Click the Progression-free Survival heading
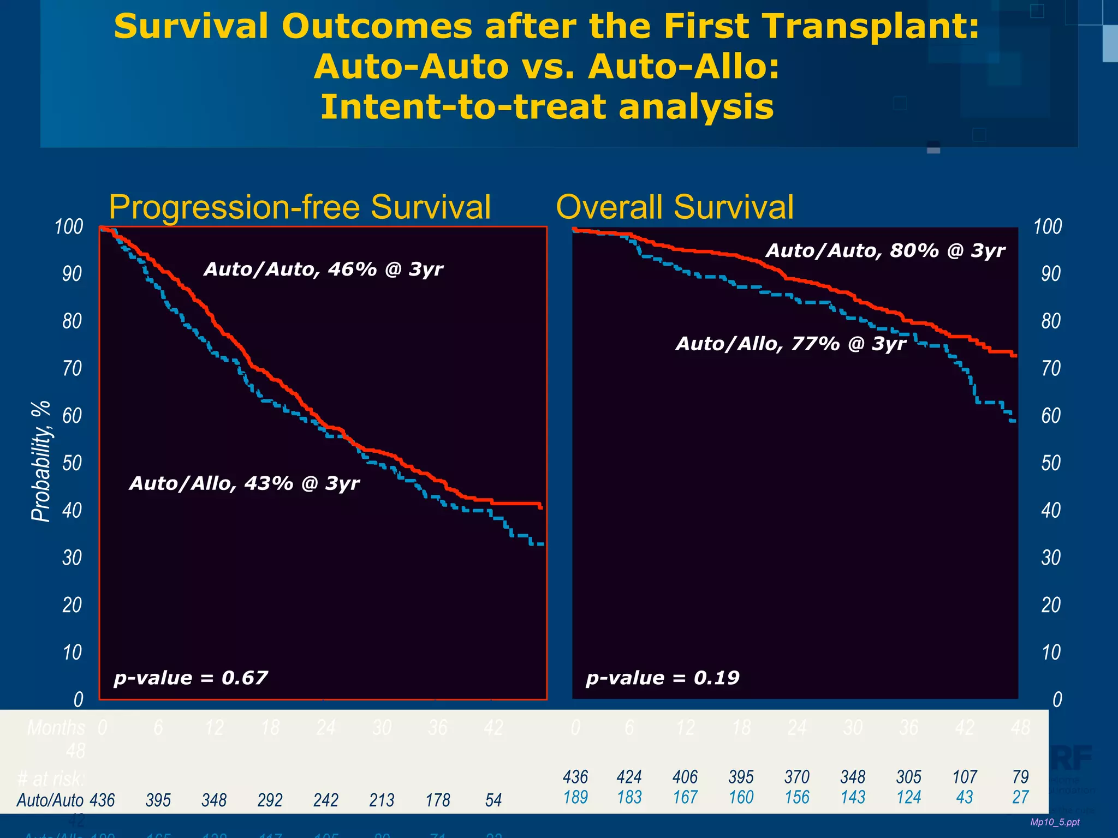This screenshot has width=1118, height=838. [300, 207]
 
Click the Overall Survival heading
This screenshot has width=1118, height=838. [675, 207]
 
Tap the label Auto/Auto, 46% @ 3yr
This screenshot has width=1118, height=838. [323, 269]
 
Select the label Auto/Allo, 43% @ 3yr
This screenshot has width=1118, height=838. [244, 483]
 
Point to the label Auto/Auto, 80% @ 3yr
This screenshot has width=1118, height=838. [885, 250]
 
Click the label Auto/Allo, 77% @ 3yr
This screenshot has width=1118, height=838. [790, 344]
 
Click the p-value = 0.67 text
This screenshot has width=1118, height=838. [191, 678]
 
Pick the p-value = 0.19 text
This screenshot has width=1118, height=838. [662, 678]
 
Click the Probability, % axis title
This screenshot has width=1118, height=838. [41, 461]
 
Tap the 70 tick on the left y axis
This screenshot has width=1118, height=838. [72, 368]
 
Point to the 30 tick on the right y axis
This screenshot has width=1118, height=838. [1051, 558]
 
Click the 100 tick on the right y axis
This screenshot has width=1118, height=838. [1048, 226]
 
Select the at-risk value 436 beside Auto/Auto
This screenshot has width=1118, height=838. [102, 800]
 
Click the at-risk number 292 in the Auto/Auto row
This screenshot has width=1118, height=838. [270, 800]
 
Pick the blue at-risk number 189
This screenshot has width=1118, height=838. [575, 797]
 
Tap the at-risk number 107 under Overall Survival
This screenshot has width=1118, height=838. [965, 777]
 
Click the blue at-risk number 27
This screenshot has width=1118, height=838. [1020, 797]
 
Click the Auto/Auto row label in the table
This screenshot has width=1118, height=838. [50, 800]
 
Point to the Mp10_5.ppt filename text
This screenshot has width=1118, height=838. [1055, 822]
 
